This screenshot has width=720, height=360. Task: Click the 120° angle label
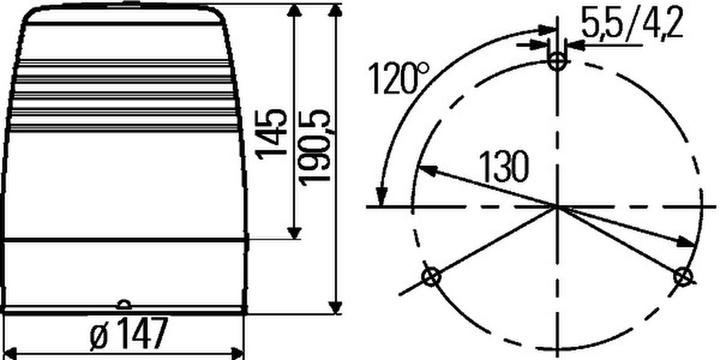(x=397, y=77)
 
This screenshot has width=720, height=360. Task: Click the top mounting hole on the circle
(x=557, y=62)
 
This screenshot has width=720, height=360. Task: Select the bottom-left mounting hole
(x=432, y=277)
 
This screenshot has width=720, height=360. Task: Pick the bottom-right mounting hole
(x=682, y=276)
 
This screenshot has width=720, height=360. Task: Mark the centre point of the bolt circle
(x=557, y=206)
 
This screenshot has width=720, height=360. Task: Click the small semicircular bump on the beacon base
(x=122, y=304)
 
